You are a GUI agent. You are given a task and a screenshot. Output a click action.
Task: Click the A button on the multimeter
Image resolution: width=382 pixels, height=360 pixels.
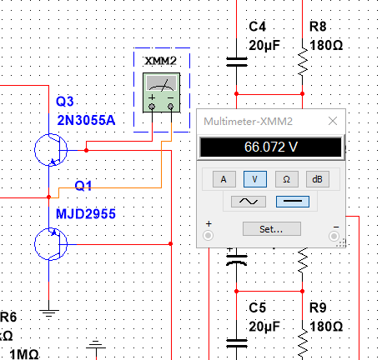[224, 179]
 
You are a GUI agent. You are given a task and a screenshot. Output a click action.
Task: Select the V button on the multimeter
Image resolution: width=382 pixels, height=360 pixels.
[255, 179]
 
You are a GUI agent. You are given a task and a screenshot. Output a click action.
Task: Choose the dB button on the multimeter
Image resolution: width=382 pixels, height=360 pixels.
[318, 179]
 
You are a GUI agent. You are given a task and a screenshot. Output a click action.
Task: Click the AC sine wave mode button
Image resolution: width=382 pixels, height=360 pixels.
[249, 202]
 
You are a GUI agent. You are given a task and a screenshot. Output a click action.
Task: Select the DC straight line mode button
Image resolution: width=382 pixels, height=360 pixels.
[293, 202]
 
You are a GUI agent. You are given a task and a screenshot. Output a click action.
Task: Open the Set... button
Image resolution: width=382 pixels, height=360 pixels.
[272, 229]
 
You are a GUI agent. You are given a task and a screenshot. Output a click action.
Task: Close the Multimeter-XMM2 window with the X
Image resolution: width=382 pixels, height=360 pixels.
[333, 121]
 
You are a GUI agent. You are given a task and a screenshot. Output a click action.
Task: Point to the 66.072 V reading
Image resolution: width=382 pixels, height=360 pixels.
[271, 147]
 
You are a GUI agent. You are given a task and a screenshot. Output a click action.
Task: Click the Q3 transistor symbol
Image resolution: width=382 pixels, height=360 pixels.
[51, 150]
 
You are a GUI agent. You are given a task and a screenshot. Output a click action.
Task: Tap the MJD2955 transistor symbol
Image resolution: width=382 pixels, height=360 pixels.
[51, 244]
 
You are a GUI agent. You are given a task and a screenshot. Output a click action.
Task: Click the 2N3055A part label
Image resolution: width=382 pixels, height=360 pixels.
[86, 120]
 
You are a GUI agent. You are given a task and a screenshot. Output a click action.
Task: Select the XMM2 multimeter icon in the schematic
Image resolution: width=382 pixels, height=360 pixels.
[162, 92]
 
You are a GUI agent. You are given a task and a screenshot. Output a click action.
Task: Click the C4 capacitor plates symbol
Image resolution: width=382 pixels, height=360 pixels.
[237, 62]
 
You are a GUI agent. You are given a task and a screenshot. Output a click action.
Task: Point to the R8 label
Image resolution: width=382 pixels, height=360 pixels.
[318, 27]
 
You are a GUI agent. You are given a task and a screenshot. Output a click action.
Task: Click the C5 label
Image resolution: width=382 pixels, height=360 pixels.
[257, 307]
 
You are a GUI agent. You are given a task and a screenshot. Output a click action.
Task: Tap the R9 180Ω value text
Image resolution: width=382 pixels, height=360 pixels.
[326, 327]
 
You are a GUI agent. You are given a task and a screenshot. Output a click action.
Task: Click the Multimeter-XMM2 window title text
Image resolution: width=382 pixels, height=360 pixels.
[248, 122]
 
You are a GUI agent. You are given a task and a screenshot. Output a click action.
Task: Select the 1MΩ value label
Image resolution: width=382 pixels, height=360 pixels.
[24, 354]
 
